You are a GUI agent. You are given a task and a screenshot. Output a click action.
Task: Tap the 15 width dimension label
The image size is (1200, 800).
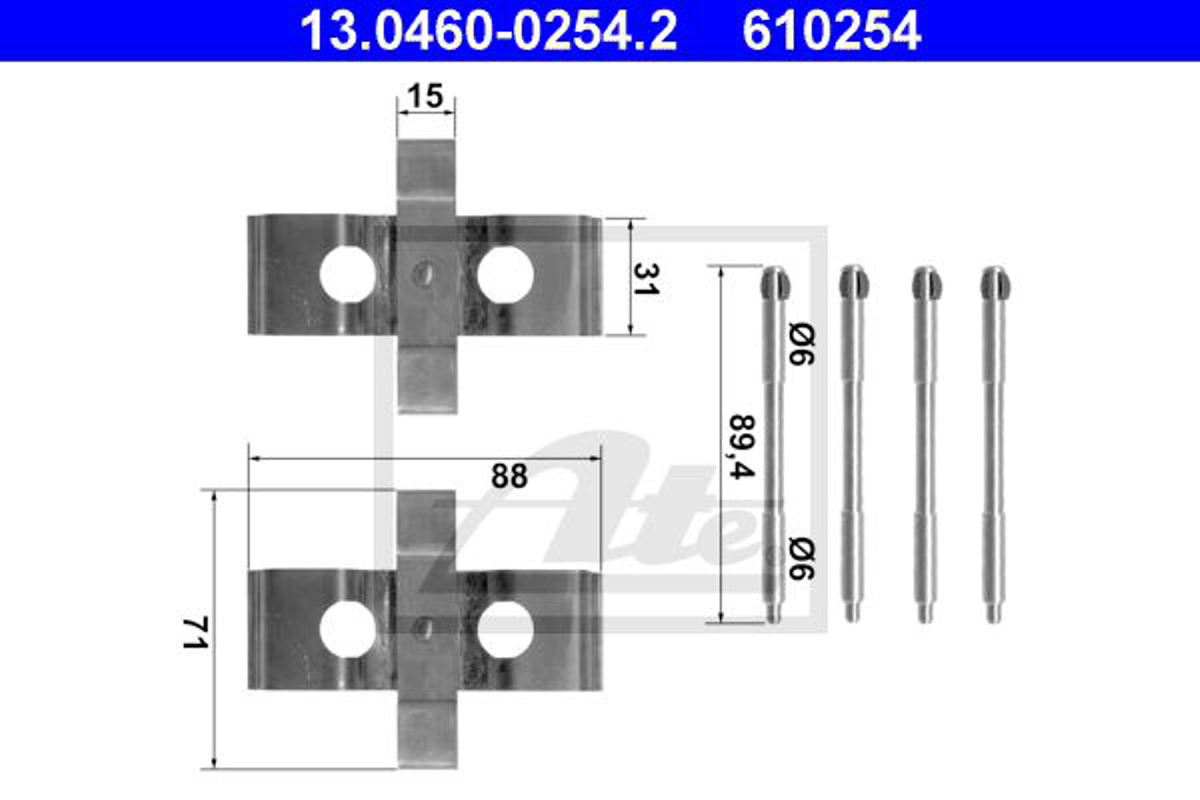pyautogui.click(x=425, y=96)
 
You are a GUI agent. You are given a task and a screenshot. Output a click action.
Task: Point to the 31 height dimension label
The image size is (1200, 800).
pyautogui.click(x=646, y=279)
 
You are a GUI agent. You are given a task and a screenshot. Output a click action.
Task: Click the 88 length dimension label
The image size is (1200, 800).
pyautogui.click(x=509, y=476)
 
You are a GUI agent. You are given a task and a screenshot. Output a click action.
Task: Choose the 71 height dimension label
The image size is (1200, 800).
pyautogui.click(x=196, y=632)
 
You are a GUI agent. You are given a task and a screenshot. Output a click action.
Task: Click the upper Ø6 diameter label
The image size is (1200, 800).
pyautogui.click(x=801, y=344)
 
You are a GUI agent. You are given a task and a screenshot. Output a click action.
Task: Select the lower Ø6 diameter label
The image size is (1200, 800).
pyautogui.click(x=801, y=558)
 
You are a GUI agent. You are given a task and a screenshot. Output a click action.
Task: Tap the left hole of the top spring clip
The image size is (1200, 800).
pyautogui.click(x=348, y=274)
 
